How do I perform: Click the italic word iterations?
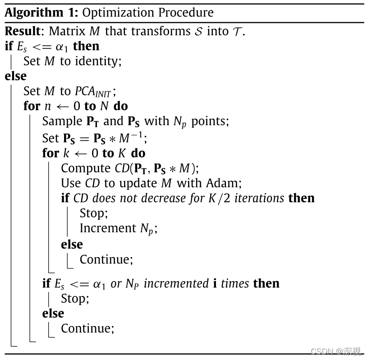[259, 198]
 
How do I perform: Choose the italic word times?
[234, 283]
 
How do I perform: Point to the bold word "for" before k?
[51, 153]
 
